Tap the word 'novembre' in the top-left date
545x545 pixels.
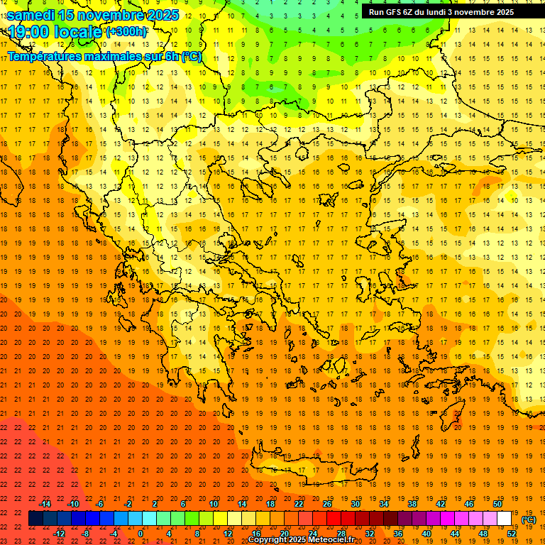click(108, 14)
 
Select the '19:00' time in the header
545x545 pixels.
click(30, 32)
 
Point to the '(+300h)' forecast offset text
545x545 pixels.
click(127, 32)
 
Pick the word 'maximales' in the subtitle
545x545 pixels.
click(117, 56)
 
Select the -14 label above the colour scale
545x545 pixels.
click(45, 504)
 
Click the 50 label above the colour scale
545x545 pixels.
click(497, 504)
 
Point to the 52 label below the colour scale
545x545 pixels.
click(512, 534)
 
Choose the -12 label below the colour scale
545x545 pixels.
click(60, 534)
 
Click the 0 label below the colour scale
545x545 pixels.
click(141, 534)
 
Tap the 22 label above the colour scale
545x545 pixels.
click(299, 504)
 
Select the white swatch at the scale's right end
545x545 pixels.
click(505, 519)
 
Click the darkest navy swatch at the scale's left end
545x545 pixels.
click(36, 519)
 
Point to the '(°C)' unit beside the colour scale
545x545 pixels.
click(529, 519)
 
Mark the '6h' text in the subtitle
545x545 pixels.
click(171, 56)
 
